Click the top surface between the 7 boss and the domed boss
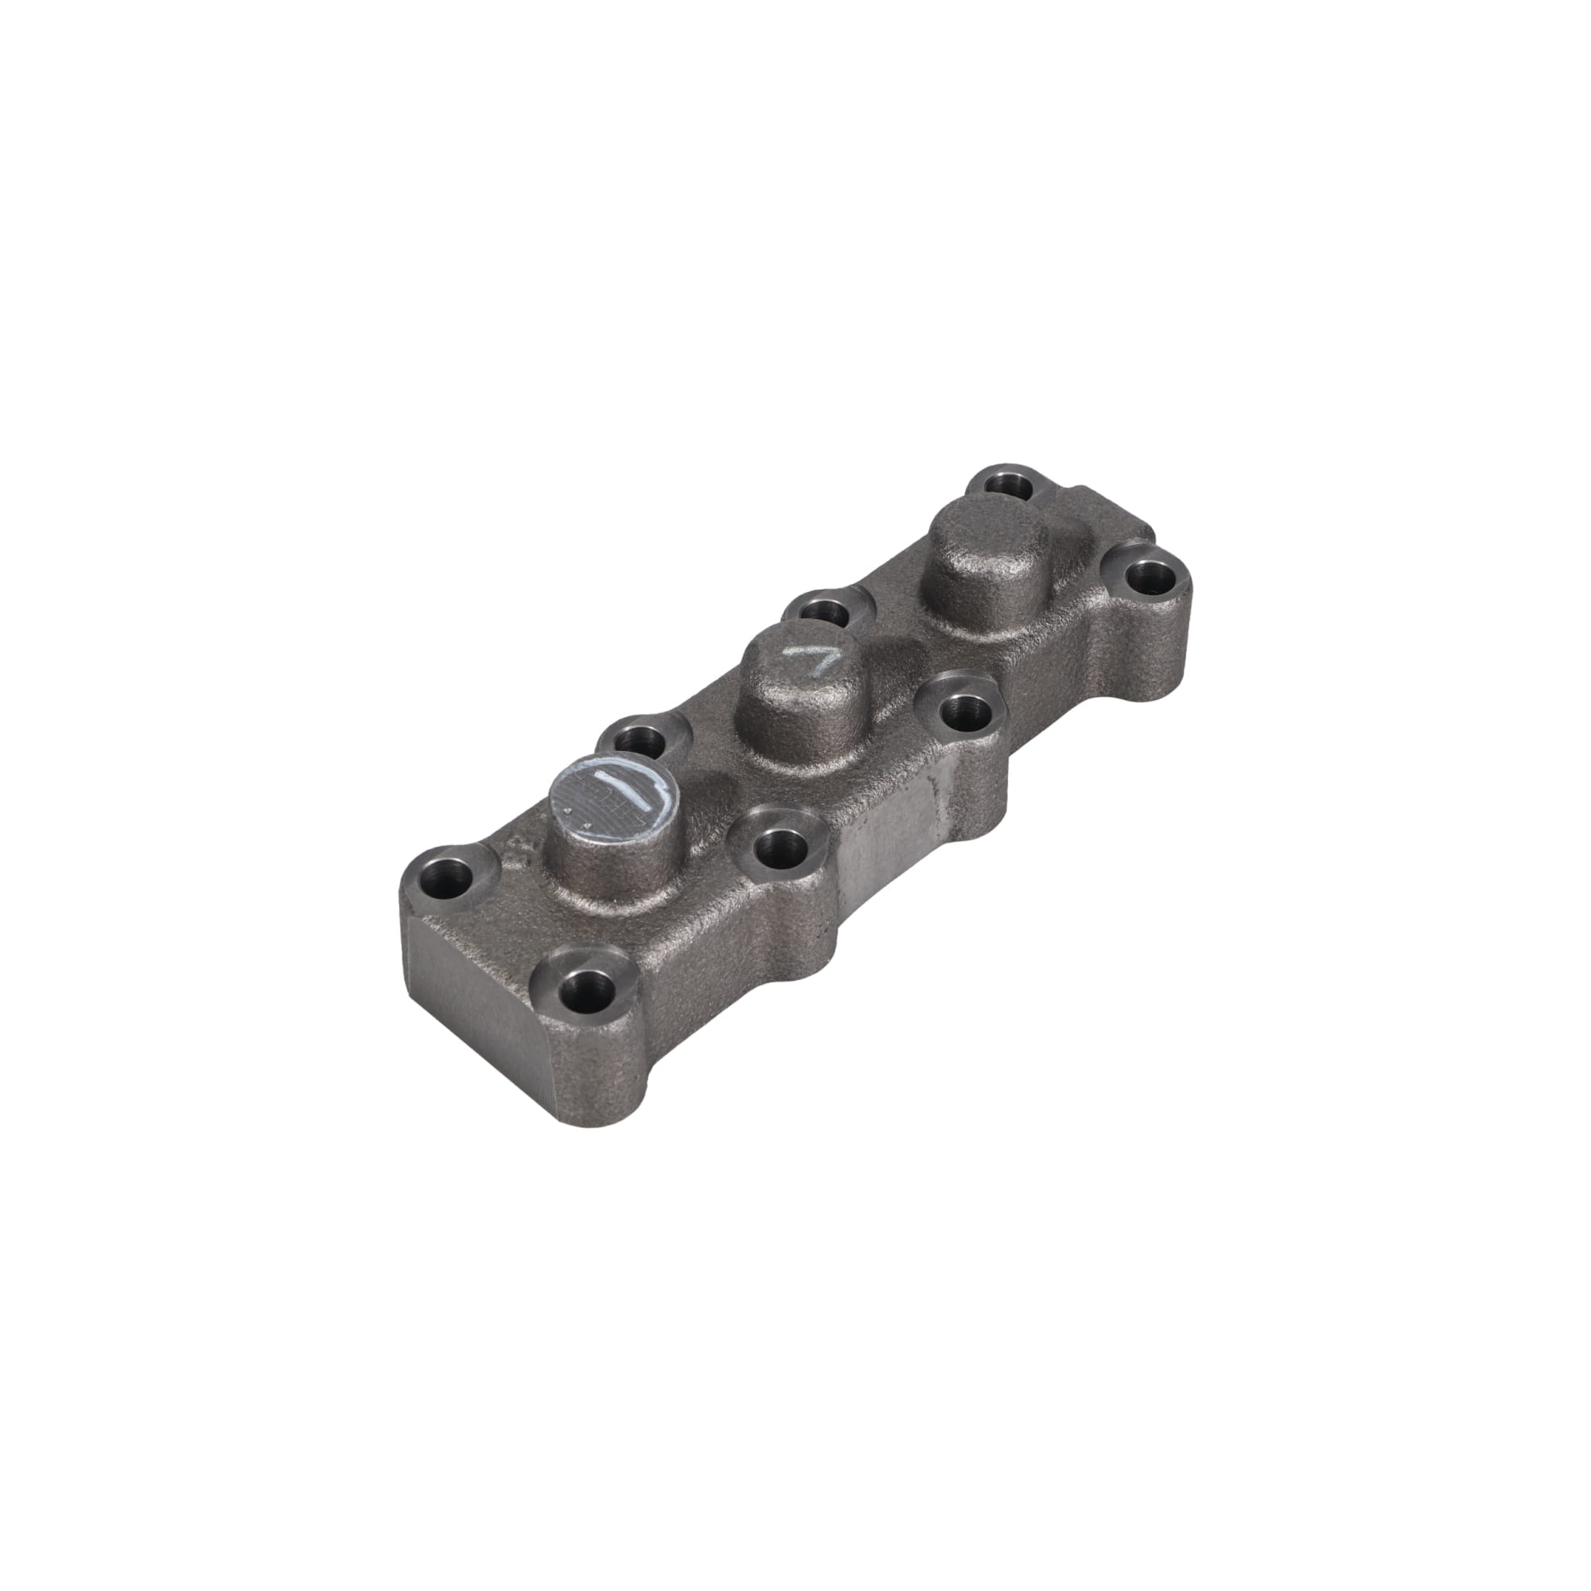897,651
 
